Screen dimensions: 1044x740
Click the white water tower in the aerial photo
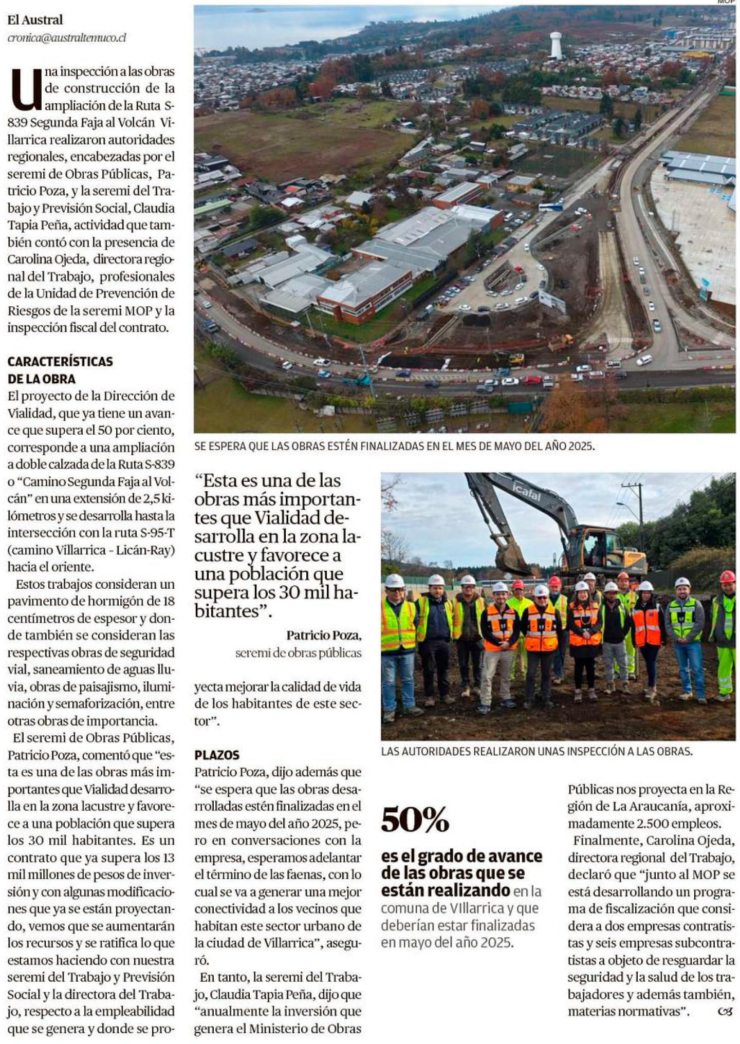click(556, 45)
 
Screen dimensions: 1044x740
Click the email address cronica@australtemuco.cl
click(67, 38)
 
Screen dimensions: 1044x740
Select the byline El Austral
click(35, 20)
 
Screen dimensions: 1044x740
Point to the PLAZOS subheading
click(217, 755)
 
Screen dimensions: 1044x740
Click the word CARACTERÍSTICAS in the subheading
click(60, 361)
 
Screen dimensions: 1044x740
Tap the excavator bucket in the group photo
click(511, 560)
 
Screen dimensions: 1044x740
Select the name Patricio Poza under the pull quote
click(324, 636)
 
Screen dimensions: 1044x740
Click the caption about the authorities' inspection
click(536, 751)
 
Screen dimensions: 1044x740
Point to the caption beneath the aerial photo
click(394, 446)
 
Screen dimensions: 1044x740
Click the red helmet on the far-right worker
click(727, 576)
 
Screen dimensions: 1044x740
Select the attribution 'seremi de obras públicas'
click(298, 653)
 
